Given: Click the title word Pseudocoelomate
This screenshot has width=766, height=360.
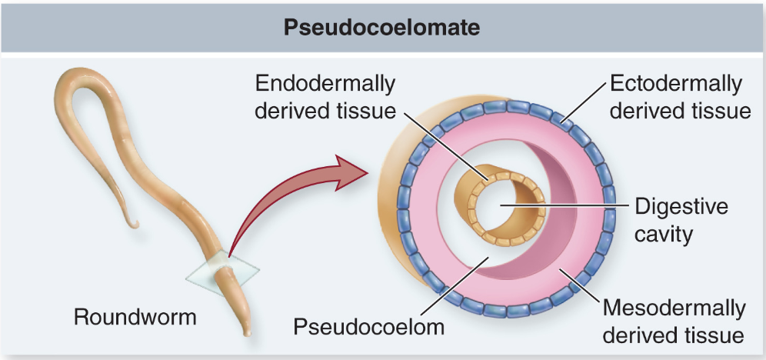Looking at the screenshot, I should point(382,27).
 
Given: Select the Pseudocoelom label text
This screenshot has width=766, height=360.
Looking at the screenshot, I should point(369,326).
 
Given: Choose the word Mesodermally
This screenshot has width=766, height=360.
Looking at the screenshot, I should point(674,308).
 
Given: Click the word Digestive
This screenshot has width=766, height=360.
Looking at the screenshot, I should point(681,206).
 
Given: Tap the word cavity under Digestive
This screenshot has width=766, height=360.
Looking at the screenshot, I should point(663,233).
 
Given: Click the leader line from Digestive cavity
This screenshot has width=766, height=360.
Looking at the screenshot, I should point(569,205).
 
